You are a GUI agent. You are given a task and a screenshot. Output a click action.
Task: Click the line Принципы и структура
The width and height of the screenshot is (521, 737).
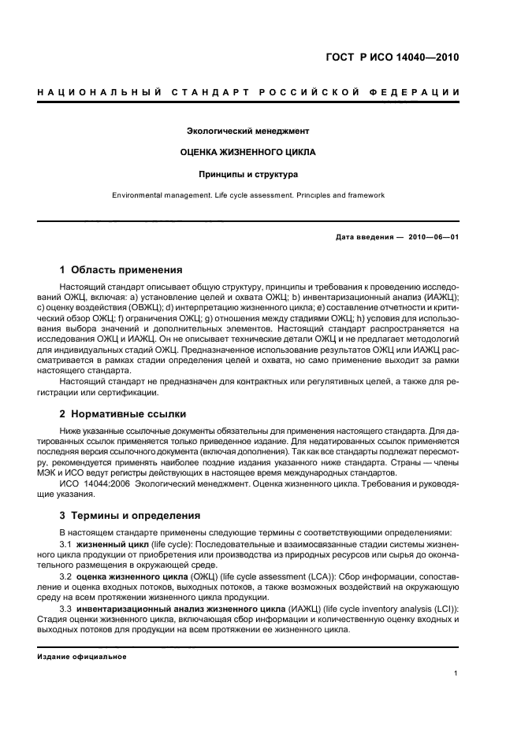click(x=247, y=174)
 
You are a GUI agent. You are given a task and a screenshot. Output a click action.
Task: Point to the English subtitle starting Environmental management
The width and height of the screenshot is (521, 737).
click(x=247, y=195)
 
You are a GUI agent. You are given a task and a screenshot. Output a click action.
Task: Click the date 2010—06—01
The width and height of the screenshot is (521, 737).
click(x=435, y=237)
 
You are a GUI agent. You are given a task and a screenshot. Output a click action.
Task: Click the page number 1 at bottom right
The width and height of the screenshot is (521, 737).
click(x=456, y=673)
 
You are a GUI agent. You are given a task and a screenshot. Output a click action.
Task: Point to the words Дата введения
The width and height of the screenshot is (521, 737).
click(x=364, y=237)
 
